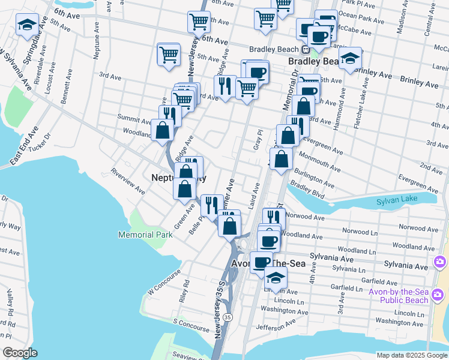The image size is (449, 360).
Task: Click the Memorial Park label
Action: click(145, 235)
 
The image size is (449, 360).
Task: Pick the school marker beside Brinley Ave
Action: click(349, 59)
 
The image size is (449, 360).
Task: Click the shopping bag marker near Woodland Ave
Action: click(163, 130)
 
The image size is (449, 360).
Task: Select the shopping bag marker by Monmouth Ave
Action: click(281, 160)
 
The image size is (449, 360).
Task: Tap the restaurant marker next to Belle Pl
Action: click(211, 205)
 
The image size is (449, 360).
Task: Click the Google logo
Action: click(20, 353)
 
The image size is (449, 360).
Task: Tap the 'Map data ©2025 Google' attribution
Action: click(411, 355)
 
